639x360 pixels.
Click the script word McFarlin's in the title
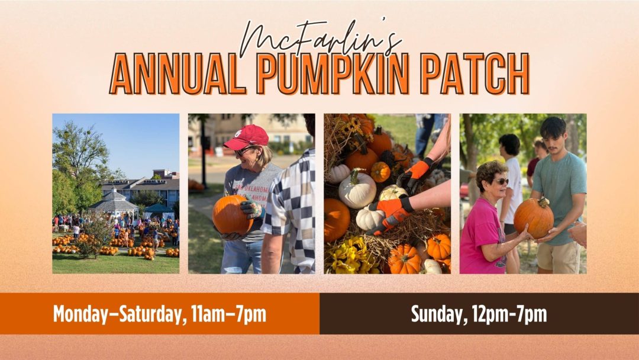(321, 37)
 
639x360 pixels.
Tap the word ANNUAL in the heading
(178, 74)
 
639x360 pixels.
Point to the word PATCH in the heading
(474, 74)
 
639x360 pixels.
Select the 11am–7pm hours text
(228, 314)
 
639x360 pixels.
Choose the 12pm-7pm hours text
(509, 314)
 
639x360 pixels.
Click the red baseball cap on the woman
(247, 137)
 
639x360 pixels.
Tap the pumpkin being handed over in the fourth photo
(534, 218)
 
